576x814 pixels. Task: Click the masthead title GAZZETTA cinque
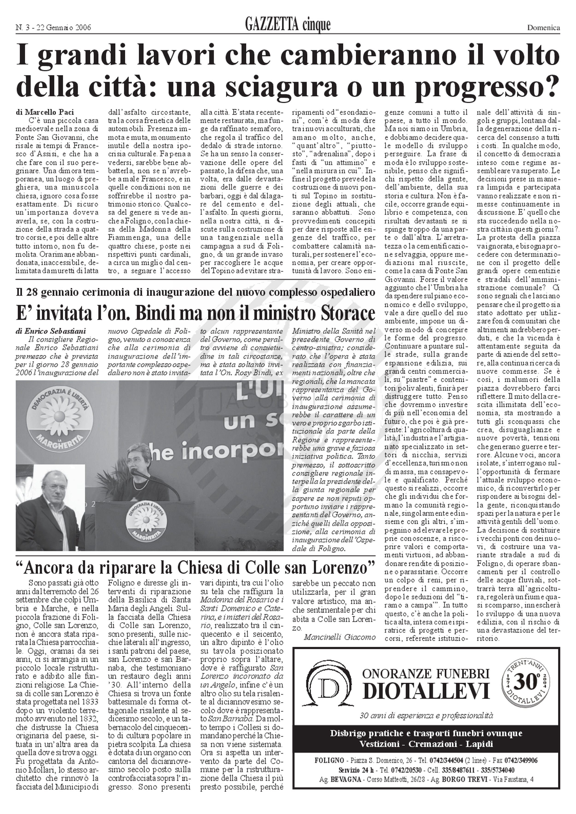pyautogui.click(x=287, y=25)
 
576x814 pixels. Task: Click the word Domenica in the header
pyautogui.click(x=543, y=28)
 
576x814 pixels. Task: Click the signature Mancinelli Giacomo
pyautogui.click(x=339, y=637)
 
